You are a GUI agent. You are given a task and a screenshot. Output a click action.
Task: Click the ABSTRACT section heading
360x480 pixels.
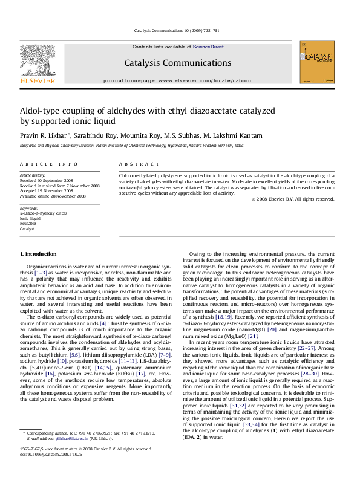pyautogui.click(x=134, y=164)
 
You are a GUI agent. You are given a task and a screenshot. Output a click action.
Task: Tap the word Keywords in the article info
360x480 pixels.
pyautogui.click(x=29, y=208)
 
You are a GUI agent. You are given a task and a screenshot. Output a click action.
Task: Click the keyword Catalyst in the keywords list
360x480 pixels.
pyautogui.click(x=27, y=229)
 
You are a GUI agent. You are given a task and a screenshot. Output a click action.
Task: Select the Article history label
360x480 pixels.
pyautogui.click(x=33, y=174)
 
